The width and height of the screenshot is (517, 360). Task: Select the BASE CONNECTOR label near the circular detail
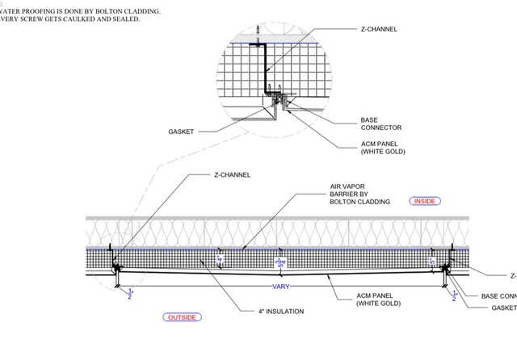point(380,123)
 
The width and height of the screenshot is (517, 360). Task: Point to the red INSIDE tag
point(426,200)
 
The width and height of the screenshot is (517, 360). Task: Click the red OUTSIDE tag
point(180,317)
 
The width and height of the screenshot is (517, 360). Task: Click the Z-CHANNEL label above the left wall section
point(232,174)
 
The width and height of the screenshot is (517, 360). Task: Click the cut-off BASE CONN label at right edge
point(497,296)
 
